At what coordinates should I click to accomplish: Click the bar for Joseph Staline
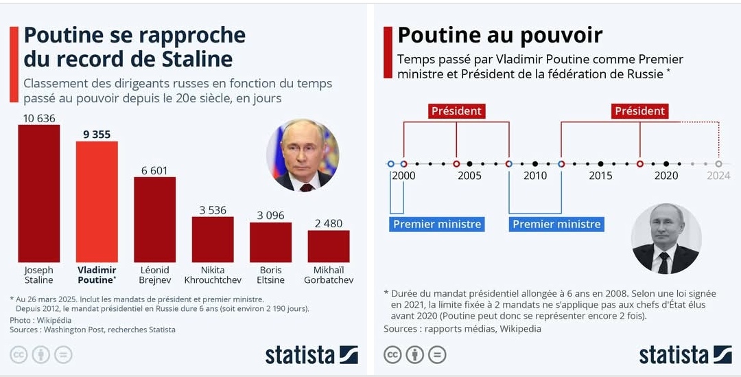(x=38, y=193)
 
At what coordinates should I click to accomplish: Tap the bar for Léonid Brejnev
(x=154, y=219)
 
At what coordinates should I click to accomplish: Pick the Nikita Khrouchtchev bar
(x=213, y=239)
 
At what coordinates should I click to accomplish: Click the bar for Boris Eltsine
(x=270, y=242)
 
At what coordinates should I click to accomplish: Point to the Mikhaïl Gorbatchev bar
(x=329, y=246)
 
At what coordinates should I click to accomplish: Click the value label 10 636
(x=38, y=118)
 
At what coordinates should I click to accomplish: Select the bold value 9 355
(x=97, y=135)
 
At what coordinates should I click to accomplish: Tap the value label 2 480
(x=329, y=223)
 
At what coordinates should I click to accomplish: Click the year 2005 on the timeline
(x=469, y=176)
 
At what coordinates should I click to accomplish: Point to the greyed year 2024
(x=718, y=176)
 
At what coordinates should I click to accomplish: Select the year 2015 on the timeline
(x=600, y=176)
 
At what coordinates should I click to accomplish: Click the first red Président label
(x=456, y=111)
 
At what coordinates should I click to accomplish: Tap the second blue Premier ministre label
(x=556, y=224)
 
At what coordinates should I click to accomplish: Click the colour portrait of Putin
(x=303, y=155)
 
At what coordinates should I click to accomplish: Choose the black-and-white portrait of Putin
(x=665, y=238)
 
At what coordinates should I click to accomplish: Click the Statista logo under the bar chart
(x=311, y=354)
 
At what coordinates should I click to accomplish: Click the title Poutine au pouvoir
(x=499, y=35)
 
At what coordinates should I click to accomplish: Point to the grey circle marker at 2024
(x=718, y=164)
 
